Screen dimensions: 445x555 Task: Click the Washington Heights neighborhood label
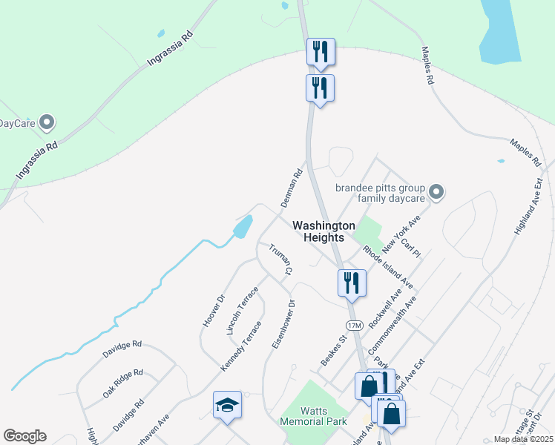318,231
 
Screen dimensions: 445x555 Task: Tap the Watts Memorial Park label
313,416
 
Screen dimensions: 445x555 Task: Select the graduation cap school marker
227,405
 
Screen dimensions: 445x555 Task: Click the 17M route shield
354,326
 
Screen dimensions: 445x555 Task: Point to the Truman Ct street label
279,261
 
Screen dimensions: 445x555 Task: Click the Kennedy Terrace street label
241,346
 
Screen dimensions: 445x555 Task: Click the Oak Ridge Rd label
122,383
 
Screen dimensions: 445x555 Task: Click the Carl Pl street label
410,248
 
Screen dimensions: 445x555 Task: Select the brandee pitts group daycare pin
436,193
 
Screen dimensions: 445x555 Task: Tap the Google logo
24,436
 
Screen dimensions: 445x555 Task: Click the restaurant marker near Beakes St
350,283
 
